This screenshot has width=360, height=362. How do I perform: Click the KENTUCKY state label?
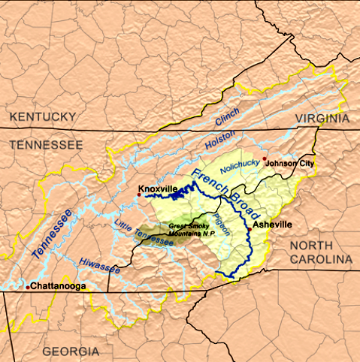coord(43,116)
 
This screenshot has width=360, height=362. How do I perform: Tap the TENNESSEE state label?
coord(46,143)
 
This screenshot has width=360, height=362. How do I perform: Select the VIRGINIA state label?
coord(321,119)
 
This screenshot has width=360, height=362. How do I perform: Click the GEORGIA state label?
coord(70,351)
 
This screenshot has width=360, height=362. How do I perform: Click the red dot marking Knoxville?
coord(138,195)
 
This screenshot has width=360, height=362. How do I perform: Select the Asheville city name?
coord(272,224)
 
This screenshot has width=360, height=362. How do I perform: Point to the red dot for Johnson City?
coord(265,158)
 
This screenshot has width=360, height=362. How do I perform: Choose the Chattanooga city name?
coord(59,286)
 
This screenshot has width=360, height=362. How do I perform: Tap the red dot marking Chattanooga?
coord(28,287)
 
